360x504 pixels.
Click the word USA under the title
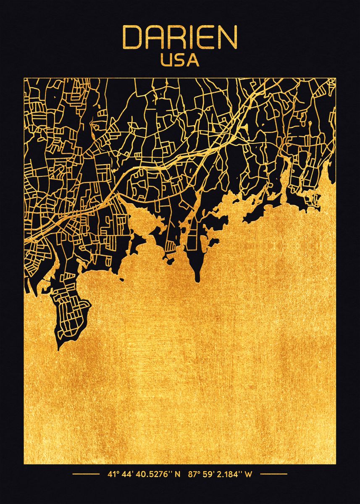click(180, 60)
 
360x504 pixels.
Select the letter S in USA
click(180, 60)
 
